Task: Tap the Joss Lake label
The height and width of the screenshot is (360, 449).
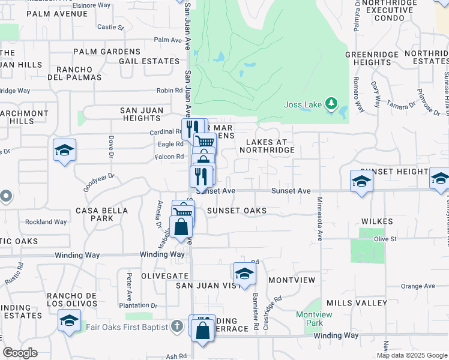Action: (303, 104)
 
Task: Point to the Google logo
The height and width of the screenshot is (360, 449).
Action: (20, 353)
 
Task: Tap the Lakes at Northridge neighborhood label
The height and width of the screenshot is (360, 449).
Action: (271, 146)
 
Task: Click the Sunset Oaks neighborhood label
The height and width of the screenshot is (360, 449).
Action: (237, 211)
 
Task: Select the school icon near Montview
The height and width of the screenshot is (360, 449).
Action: (244, 274)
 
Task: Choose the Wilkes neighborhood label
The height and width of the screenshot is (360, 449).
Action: (377, 221)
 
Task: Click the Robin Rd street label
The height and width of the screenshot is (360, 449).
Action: (169, 91)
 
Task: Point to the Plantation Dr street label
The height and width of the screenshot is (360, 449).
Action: (138, 305)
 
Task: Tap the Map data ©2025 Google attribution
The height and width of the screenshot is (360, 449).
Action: (411, 355)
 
